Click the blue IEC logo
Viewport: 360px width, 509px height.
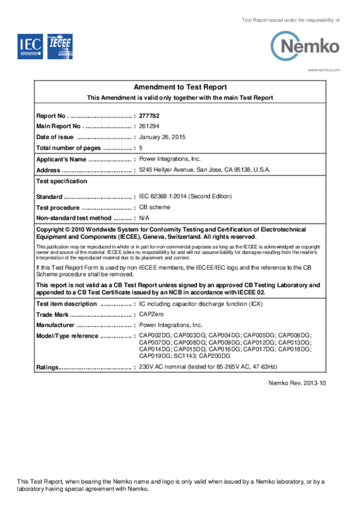(30, 47)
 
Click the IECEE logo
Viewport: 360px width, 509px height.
(60, 47)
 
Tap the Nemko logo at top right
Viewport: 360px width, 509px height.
(305, 46)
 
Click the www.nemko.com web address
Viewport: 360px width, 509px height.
(324, 70)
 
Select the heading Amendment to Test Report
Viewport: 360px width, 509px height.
(180, 87)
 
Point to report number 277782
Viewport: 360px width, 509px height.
(149, 116)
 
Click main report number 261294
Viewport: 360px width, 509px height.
(149, 126)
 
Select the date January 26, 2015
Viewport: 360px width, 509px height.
(162, 137)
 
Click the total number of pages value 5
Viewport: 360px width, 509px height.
(141, 148)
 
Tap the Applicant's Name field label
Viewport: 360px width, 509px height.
(61, 160)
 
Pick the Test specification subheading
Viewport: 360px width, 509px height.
(62, 181)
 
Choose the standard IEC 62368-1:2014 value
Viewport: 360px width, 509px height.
(185, 196)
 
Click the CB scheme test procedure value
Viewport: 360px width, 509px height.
(155, 207)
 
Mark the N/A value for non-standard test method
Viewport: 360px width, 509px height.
(144, 218)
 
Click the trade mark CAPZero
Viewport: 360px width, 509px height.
(151, 314)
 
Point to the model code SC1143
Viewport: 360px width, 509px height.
(184, 356)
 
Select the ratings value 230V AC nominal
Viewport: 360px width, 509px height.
(208, 367)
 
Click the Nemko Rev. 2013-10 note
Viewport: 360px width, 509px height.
(297, 383)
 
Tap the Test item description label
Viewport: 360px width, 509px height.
(66, 304)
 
